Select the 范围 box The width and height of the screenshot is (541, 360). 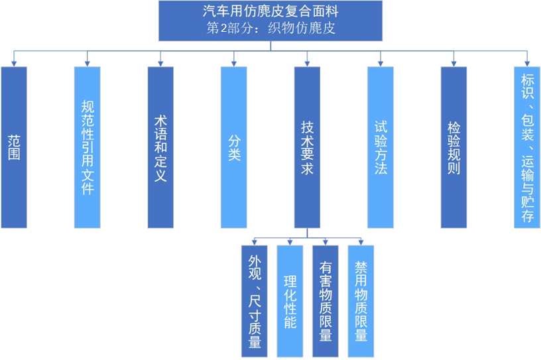click(14, 147)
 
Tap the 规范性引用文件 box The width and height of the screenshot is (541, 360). click(88, 147)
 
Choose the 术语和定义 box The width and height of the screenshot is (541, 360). click(160, 147)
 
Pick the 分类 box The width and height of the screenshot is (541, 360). click(234, 147)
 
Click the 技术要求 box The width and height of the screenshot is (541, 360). click(307, 147)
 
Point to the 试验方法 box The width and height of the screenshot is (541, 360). click(381, 147)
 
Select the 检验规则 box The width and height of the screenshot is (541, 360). click(454, 147)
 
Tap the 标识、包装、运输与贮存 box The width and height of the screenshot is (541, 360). click(528, 147)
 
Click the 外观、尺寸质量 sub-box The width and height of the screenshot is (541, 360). click(255, 301)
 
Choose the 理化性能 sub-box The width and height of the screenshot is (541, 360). click(290, 301)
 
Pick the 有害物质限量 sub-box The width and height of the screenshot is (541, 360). click(326, 301)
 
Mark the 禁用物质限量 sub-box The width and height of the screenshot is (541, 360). click(361, 301)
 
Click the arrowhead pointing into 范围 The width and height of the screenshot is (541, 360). click(14, 63)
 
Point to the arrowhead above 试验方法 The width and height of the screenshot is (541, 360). click(381, 63)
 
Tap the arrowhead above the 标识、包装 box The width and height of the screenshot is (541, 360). click(528, 63)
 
